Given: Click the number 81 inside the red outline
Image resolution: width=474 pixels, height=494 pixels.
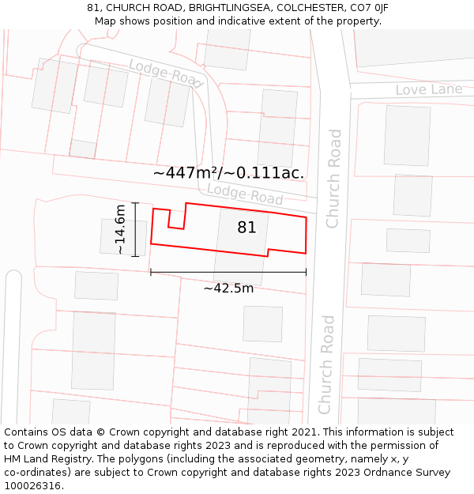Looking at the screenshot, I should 246,228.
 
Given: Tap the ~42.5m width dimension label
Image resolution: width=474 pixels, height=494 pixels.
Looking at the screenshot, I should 228,288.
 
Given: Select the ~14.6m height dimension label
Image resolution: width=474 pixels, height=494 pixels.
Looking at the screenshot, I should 120,229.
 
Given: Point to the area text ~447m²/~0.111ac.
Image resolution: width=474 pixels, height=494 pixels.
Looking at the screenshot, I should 228,172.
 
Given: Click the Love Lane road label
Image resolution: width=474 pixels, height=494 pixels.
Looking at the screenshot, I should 428,89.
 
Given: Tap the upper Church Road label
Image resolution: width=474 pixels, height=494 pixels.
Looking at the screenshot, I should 334,179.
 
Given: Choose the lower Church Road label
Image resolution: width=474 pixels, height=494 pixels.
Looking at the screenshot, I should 325,364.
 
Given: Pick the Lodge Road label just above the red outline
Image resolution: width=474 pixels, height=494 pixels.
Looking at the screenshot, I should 244,194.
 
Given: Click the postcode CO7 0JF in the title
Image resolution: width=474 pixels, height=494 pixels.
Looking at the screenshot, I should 370,8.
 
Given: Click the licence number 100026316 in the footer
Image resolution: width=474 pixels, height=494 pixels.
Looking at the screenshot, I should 32,486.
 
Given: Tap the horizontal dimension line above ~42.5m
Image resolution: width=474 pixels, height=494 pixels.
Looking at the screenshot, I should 228,273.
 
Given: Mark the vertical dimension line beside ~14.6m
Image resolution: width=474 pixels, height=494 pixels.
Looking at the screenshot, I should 136,229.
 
